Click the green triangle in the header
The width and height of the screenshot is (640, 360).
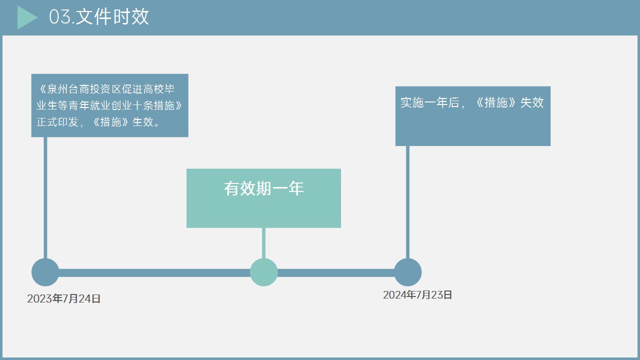coord(26,17)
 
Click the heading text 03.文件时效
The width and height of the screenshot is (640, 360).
coord(99,17)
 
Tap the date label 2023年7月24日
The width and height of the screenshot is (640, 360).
coord(64,298)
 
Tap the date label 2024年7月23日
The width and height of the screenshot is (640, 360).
coord(417,295)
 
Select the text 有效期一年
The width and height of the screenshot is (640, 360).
coord(263,188)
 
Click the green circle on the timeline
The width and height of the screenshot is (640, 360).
coord(263,272)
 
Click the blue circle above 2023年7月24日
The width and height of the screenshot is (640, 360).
coord(45,272)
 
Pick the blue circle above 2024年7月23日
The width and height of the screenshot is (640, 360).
coord(407,272)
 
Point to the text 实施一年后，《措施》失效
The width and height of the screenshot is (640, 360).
coord(471,102)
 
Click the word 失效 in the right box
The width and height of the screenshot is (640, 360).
coord(532,102)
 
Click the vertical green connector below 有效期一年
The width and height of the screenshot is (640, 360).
coord(263,243)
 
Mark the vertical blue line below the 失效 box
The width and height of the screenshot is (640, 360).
coord(407,200)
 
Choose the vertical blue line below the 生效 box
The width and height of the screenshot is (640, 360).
coord(45,200)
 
